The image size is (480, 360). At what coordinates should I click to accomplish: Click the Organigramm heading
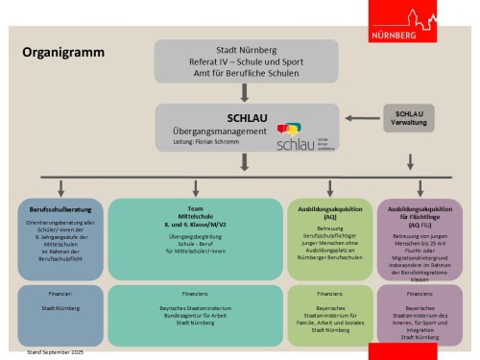(62, 54)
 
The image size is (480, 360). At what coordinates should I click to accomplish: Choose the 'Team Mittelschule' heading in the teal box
(194, 211)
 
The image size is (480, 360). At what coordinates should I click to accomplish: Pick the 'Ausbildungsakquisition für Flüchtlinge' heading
(419, 211)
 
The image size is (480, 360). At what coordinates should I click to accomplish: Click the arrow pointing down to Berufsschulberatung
(61, 187)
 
